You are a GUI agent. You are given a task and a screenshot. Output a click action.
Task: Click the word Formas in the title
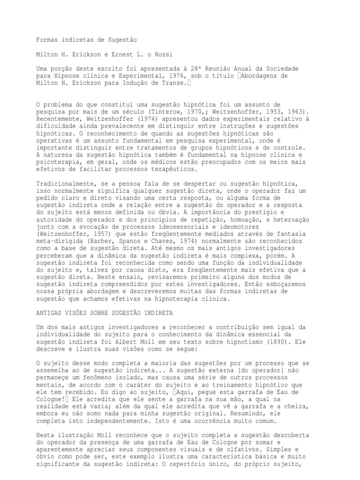tap(47, 41)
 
